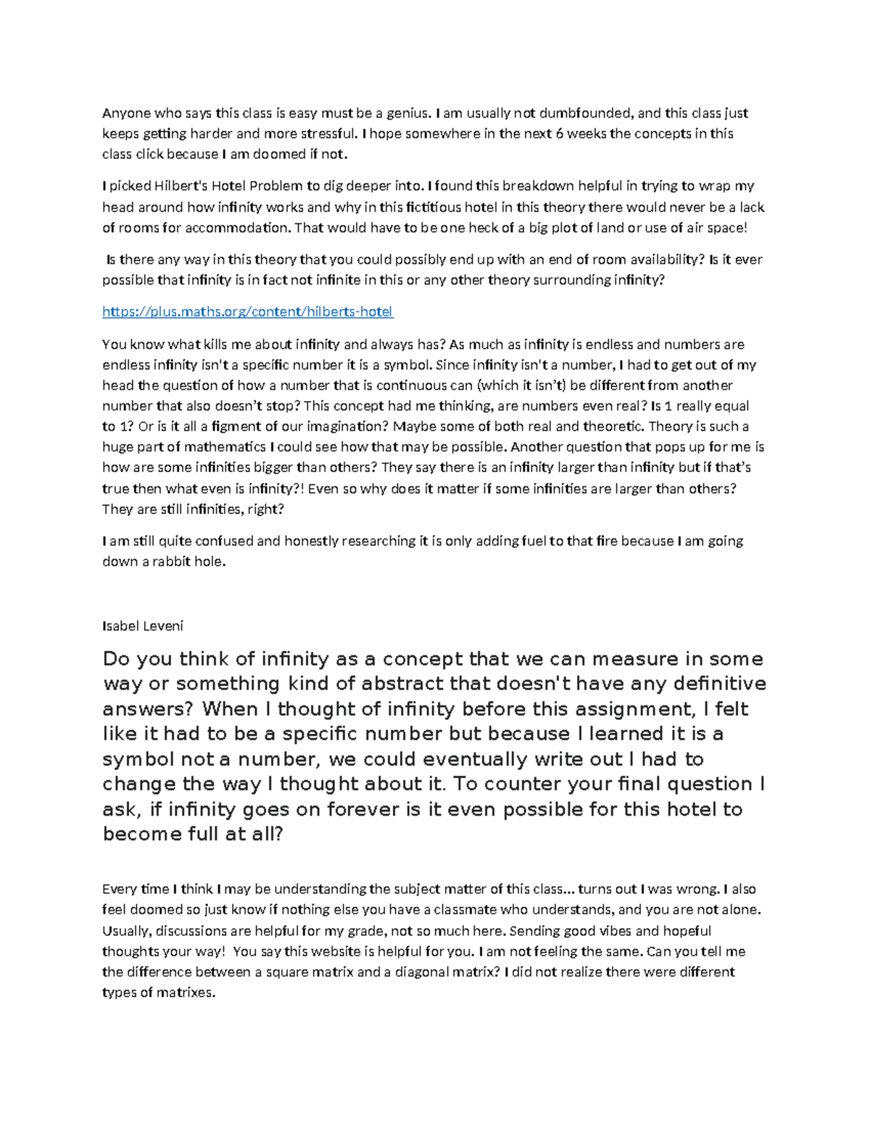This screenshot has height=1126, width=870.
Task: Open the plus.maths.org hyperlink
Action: tap(247, 312)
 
